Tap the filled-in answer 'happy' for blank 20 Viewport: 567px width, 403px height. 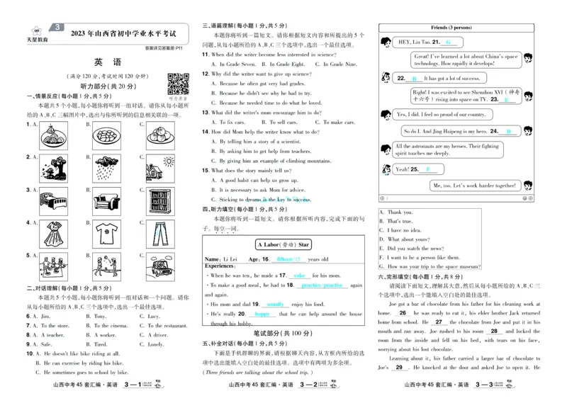(x=263, y=313)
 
